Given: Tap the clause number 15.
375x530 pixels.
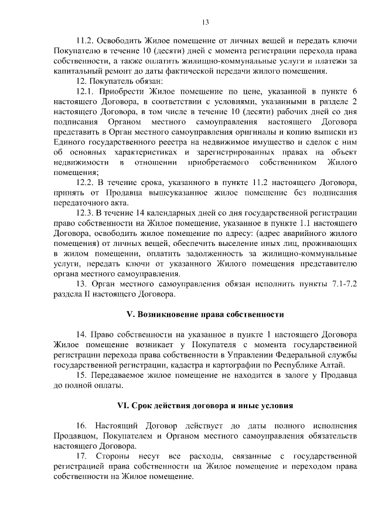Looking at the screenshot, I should coord(82,375).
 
